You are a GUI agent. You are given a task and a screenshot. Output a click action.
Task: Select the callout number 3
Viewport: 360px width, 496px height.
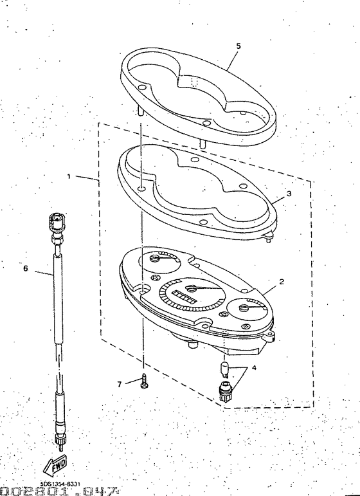(x=289, y=193)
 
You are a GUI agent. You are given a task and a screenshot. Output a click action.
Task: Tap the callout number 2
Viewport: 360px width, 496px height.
(x=281, y=281)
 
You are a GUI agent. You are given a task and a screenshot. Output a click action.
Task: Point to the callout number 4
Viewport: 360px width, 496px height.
(x=253, y=368)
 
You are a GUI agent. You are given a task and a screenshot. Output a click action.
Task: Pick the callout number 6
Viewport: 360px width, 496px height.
(x=26, y=269)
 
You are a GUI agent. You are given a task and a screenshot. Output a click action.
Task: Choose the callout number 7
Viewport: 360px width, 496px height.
(x=119, y=384)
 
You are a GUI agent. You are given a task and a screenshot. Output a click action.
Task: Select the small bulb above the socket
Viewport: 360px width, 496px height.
(x=225, y=369)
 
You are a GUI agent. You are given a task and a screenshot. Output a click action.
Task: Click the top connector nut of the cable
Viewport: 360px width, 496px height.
(x=55, y=222)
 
